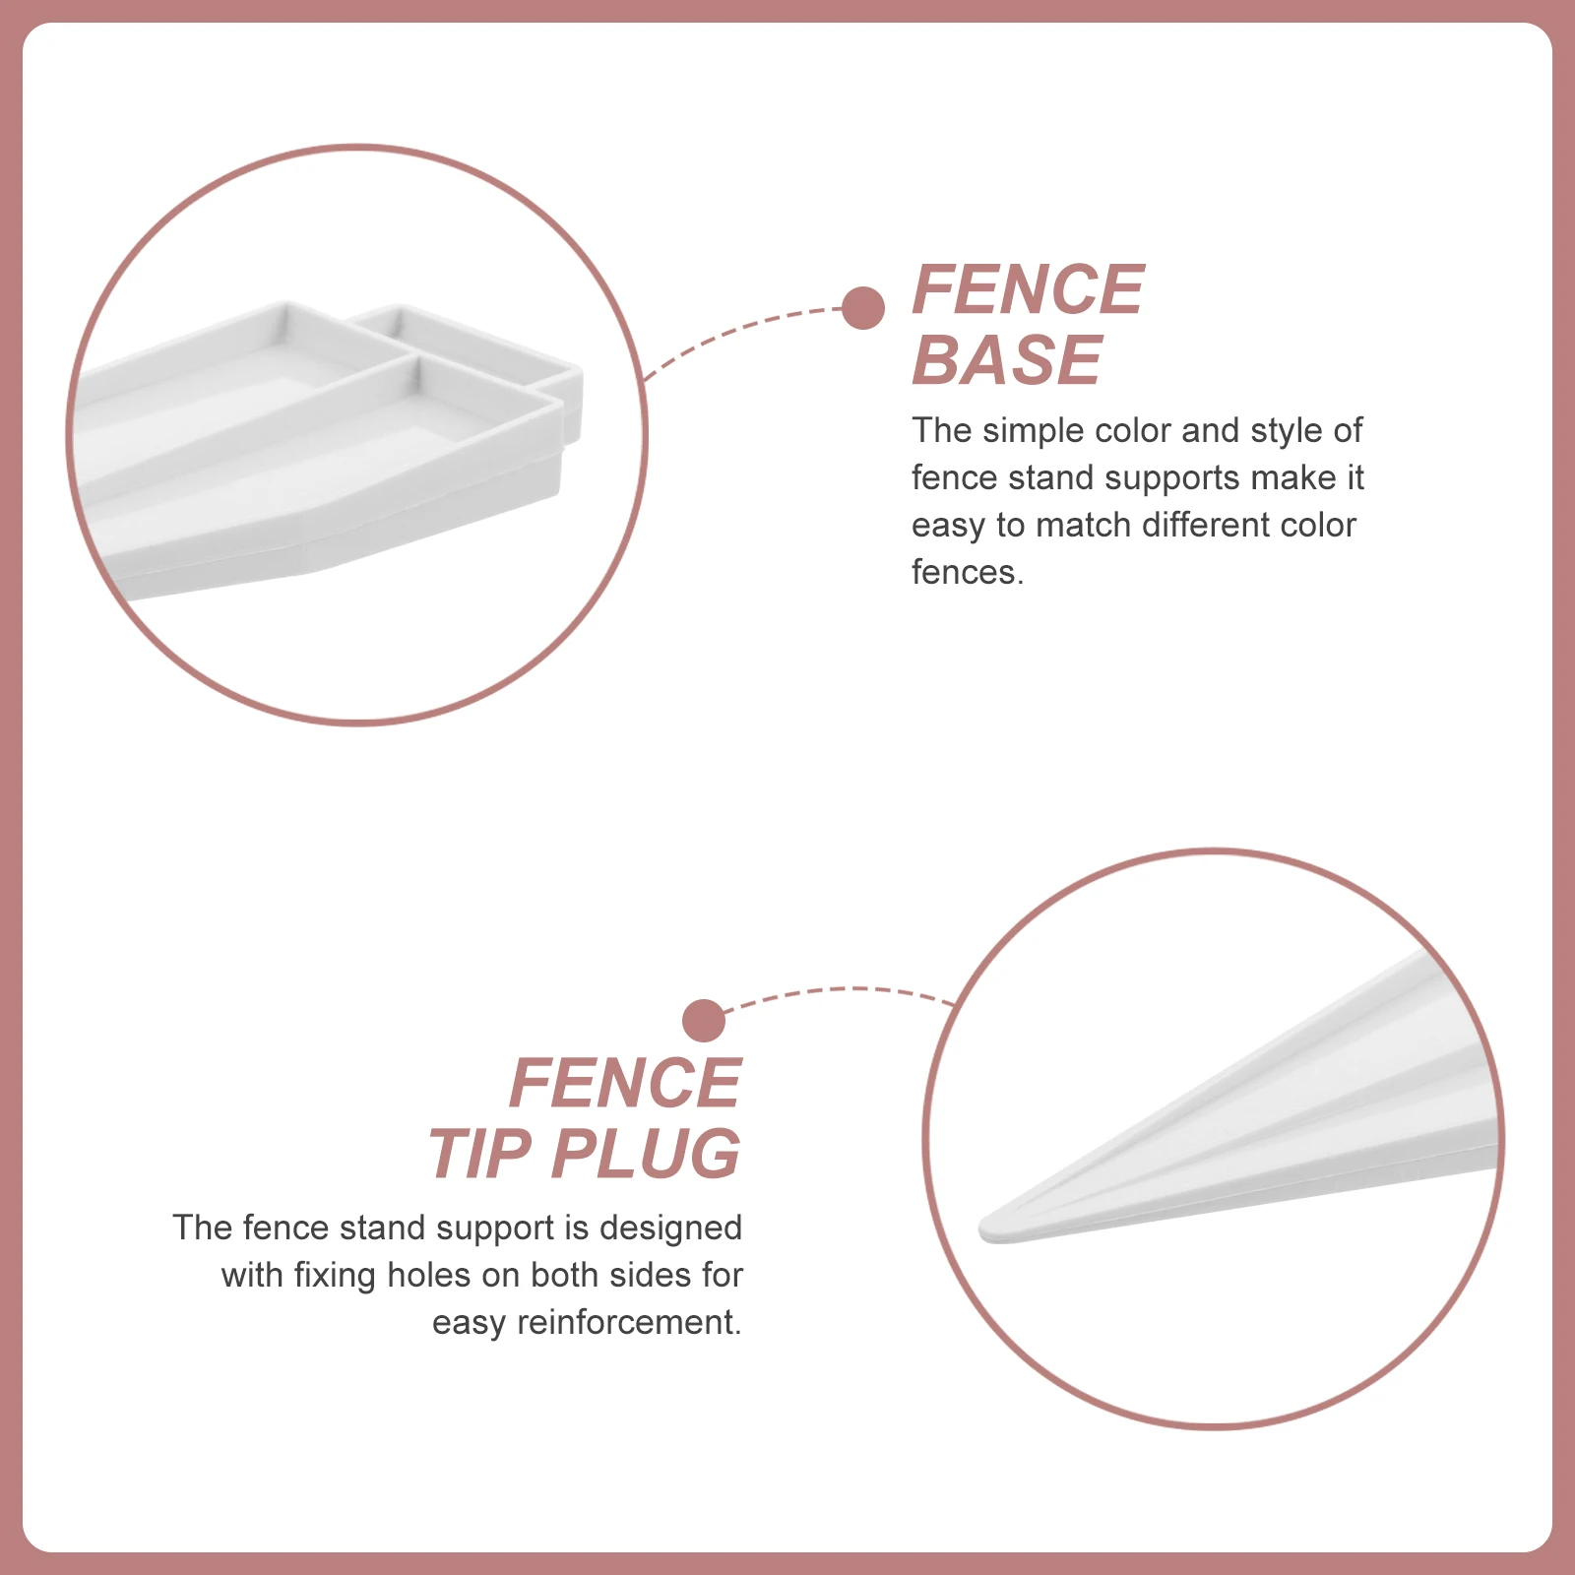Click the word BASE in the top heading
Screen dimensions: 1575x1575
tap(1006, 360)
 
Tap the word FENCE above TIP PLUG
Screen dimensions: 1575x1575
tap(625, 1083)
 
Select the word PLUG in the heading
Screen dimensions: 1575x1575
tap(645, 1154)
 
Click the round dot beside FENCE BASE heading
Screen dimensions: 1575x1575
tap(863, 308)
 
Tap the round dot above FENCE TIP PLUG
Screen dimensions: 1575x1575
tap(704, 1021)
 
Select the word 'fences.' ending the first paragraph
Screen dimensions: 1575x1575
tap(968, 573)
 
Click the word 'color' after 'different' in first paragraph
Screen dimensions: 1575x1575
tap(1316, 526)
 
